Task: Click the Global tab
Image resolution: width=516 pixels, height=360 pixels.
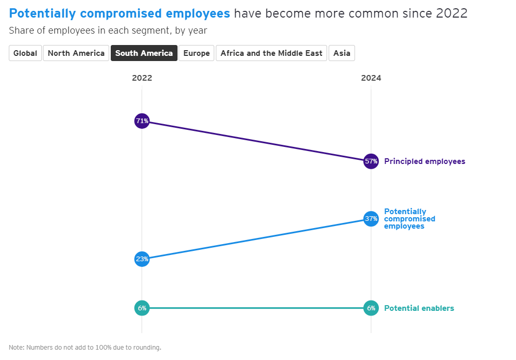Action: coord(25,53)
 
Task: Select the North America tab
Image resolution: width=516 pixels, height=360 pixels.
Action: coord(76,53)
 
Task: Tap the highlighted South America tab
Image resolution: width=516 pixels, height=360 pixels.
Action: coord(144,53)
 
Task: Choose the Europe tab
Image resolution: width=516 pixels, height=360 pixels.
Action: coord(197,53)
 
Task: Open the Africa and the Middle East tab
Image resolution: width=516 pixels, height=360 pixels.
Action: coord(271,53)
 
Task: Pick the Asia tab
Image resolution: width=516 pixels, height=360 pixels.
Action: coord(342,53)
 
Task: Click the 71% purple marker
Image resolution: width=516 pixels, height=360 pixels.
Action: coord(142,122)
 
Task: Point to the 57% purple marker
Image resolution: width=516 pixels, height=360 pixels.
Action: coord(371,161)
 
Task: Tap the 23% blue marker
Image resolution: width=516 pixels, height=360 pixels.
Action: coord(142,259)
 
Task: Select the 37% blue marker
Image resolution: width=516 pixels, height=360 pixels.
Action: coord(371,219)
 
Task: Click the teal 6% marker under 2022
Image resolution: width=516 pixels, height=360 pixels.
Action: coord(142,308)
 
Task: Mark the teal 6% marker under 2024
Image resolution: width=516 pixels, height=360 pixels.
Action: coord(371,308)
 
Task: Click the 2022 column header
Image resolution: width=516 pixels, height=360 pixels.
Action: coord(142,78)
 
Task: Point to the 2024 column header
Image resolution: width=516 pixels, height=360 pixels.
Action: coord(371,78)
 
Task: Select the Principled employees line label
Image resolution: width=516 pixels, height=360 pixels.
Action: coord(424,161)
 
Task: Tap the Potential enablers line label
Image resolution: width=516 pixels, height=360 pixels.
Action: coord(419,308)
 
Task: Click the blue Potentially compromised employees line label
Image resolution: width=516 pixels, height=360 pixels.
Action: coord(409,219)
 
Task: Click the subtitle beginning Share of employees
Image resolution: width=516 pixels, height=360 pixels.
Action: coord(108,31)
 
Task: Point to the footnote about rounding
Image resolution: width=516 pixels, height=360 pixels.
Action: coord(85,348)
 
